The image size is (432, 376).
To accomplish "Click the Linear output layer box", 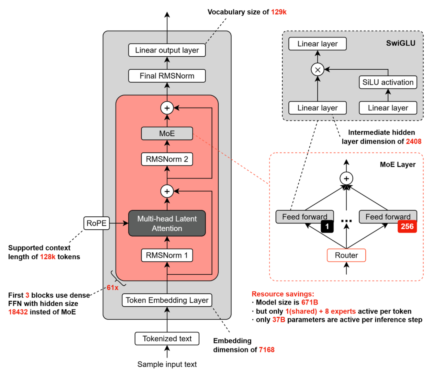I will pyautogui.click(x=167, y=50).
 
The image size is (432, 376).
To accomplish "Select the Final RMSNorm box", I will pyautogui.click(x=167, y=76).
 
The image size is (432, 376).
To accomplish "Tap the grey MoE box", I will pyautogui.click(x=167, y=133).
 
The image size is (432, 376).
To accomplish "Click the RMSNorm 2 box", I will pyautogui.click(x=167, y=159).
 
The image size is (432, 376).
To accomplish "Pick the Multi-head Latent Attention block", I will pyautogui.click(x=167, y=223).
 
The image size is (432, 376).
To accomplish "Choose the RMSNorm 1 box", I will pyautogui.click(x=167, y=255).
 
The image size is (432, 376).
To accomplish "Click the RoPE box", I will pyautogui.click(x=96, y=223).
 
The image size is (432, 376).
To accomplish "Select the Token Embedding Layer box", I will pyautogui.click(x=167, y=300).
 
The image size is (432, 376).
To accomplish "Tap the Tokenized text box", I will pyautogui.click(x=167, y=339).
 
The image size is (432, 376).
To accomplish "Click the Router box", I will pyautogui.click(x=346, y=255).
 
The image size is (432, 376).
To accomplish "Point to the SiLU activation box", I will pyautogui.click(x=388, y=82).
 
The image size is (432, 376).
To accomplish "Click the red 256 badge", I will pyautogui.click(x=407, y=226).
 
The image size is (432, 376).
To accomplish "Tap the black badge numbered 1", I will pyautogui.click(x=327, y=226).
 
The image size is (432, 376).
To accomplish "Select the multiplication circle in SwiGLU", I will pyautogui.click(x=317, y=70).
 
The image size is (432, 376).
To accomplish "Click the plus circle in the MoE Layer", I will pyautogui.click(x=346, y=178).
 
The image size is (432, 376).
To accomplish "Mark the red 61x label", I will pyautogui.click(x=113, y=288).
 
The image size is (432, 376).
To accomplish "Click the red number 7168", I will pyautogui.click(x=267, y=350).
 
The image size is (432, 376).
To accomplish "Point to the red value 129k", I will pyautogui.click(x=279, y=12).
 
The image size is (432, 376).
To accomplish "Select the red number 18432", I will pyautogui.click(x=18, y=312).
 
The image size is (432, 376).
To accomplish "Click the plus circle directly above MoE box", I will pyautogui.click(x=167, y=108).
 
